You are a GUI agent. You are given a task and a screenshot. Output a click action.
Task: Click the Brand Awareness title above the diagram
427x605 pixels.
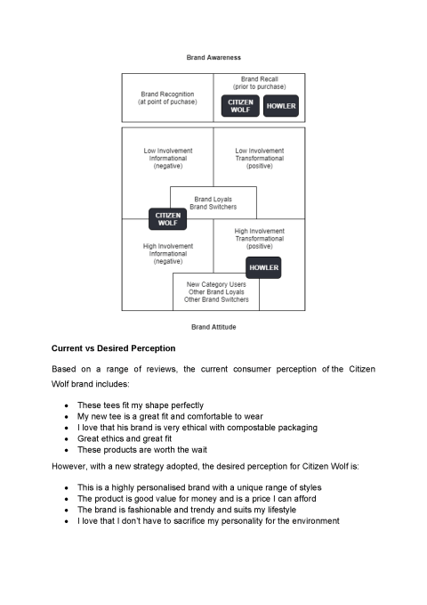point(213,57)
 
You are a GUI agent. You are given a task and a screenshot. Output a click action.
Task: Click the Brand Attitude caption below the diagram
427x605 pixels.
point(213,327)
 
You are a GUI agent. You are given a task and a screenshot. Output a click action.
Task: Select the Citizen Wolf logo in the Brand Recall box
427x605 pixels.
point(239,106)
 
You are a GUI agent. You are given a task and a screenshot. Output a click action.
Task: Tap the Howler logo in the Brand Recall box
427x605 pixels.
point(281,106)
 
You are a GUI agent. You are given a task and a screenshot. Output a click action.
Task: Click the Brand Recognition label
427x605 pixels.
point(167,98)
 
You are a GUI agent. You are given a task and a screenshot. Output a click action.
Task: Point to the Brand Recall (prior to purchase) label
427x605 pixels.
point(259,83)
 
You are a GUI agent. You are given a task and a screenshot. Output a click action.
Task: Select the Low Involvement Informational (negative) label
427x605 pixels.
point(168,159)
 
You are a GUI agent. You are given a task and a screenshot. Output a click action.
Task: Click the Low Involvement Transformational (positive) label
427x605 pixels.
point(259,159)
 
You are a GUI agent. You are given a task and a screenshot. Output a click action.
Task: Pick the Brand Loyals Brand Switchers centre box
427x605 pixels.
point(213,202)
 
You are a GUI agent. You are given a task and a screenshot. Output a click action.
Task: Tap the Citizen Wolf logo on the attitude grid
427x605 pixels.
point(167,218)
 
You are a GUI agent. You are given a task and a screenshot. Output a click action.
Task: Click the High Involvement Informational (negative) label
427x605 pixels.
point(168,254)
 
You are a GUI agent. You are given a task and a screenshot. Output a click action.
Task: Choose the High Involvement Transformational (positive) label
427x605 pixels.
point(259,239)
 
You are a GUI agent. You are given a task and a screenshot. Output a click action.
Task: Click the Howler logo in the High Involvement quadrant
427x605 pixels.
point(263,267)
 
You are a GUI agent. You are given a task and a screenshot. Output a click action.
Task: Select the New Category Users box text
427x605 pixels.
point(216,292)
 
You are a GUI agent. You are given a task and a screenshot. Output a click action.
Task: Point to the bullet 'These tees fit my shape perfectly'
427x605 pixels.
point(141,405)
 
